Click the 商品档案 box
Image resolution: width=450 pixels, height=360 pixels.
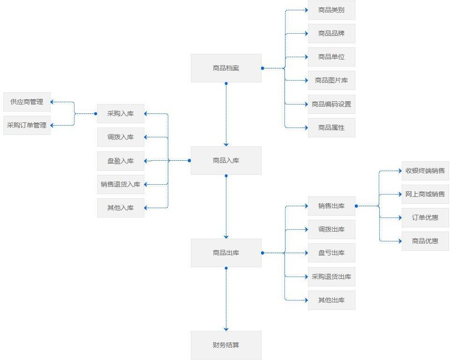point(226,68)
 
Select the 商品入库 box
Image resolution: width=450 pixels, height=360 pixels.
point(226,160)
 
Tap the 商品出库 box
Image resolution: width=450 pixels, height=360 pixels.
point(226,253)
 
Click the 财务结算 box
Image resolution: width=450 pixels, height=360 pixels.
point(226,345)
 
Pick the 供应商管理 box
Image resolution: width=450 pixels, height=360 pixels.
point(27,102)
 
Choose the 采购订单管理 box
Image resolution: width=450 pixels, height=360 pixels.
point(27,125)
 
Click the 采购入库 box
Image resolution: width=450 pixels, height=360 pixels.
point(120,113)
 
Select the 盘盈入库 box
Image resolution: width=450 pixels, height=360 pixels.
point(120,161)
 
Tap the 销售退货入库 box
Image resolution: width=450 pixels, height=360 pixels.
point(120,184)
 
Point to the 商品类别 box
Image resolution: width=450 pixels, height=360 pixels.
point(331,10)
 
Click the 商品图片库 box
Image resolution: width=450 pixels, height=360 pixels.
point(331,80)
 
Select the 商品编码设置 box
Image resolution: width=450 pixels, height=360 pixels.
point(331,104)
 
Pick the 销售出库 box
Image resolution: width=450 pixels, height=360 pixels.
point(331,206)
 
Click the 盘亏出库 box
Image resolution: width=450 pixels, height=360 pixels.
point(331,253)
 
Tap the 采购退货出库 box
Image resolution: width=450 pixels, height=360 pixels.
point(331,277)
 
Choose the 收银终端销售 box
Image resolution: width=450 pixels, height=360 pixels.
point(425,171)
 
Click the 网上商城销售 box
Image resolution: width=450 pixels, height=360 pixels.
point(425,194)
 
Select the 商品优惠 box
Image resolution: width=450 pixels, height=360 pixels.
point(425,241)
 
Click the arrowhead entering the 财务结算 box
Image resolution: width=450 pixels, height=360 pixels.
point(226,329)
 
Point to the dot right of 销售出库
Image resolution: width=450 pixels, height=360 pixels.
point(356,206)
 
